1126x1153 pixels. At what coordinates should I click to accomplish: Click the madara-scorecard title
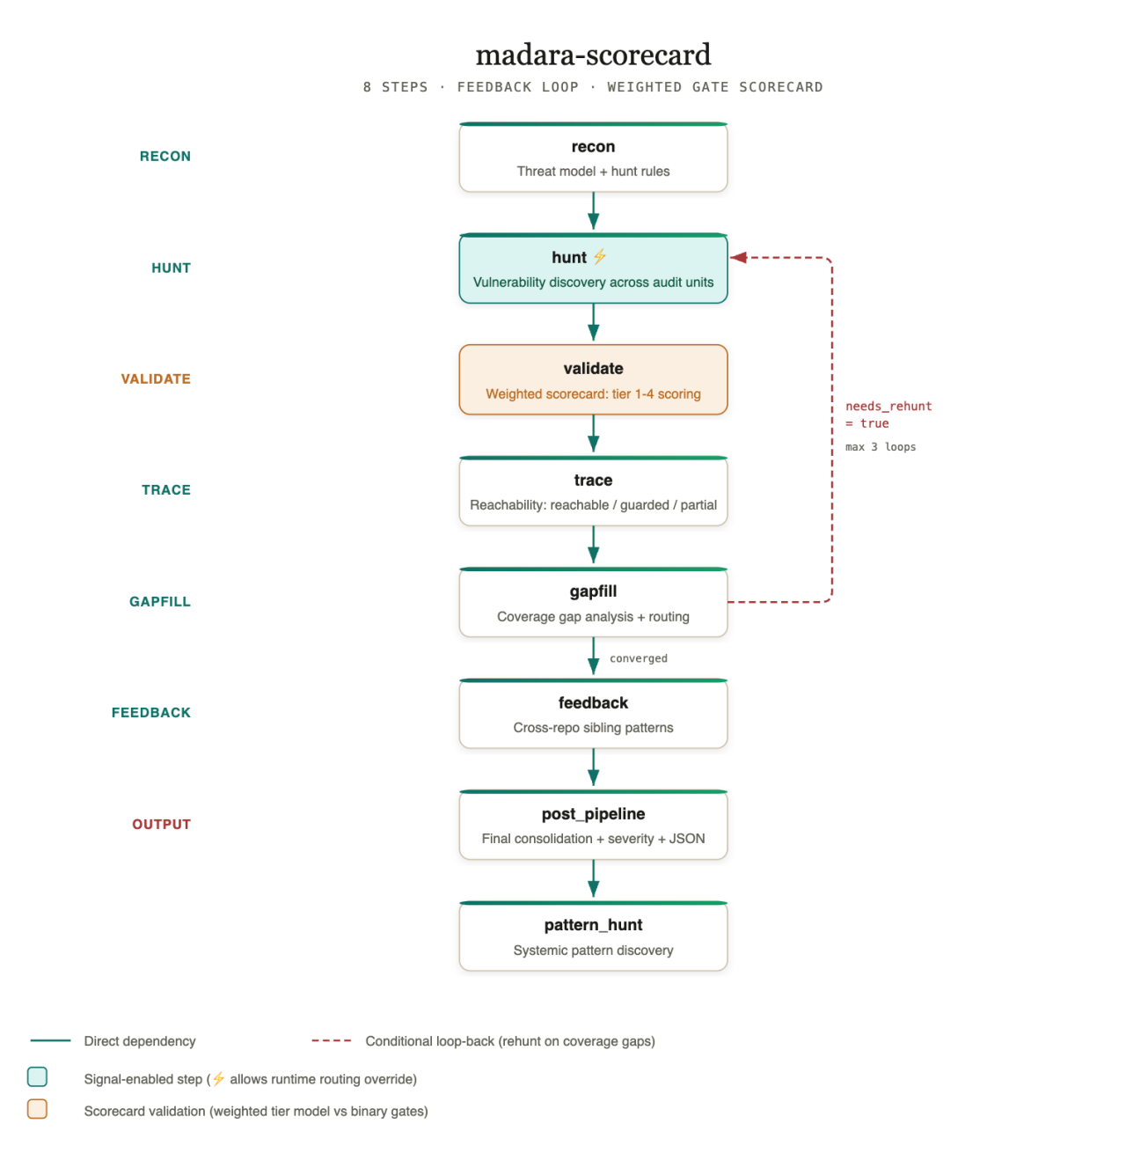tap(592, 55)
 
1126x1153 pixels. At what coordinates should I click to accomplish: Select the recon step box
tap(592, 157)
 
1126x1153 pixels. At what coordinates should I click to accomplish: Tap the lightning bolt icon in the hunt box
tap(599, 256)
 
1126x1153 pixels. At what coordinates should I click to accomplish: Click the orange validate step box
tap(592, 379)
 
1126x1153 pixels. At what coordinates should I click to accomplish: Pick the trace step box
tap(592, 490)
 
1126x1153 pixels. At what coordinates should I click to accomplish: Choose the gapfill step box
tap(592, 602)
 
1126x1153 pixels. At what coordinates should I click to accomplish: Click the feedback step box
tap(592, 714)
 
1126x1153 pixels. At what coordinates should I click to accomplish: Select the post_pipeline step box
tap(592, 824)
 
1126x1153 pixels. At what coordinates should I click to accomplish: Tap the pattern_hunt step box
tap(592, 936)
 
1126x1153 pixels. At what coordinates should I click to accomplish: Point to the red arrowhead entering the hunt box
tap(737, 257)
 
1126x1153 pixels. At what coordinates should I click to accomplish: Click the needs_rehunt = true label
tap(888, 415)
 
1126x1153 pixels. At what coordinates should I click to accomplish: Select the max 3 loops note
tap(880, 447)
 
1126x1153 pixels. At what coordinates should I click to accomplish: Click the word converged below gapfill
tap(638, 658)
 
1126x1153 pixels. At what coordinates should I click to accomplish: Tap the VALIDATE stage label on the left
tap(156, 378)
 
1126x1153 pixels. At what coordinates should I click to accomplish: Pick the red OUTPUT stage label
tap(161, 824)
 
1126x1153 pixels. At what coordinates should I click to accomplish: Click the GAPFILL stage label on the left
tap(160, 601)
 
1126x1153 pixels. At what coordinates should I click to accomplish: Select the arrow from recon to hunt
tap(593, 211)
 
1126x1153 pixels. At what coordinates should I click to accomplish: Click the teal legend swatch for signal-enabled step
tap(37, 1076)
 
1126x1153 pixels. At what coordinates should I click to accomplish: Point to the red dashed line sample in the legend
tap(331, 1040)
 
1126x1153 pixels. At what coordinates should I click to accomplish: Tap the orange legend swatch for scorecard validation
tap(37, 1109)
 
